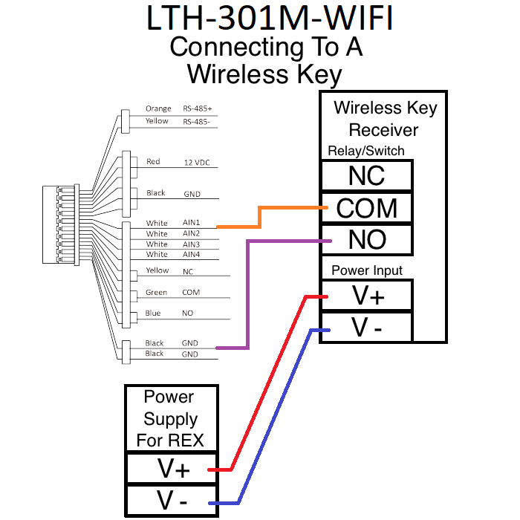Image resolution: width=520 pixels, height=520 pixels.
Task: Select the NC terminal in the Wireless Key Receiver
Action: coord(366,175)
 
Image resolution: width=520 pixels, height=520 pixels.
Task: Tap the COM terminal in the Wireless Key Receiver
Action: coord(366,208)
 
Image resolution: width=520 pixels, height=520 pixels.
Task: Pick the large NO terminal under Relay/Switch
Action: coord(366,239)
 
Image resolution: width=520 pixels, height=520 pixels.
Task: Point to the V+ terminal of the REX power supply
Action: coord(174,469)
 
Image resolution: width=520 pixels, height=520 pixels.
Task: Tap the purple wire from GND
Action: coord(248,297)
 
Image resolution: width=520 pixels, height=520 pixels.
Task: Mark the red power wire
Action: coord(267,386)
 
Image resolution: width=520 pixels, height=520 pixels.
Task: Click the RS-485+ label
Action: coord(197,109)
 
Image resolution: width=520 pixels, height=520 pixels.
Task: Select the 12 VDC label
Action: coord(197,162)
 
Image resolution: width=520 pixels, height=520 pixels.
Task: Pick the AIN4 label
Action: coord(191,255)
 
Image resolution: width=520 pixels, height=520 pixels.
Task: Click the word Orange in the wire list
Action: coord(158,109)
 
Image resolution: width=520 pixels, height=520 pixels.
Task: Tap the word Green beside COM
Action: coord(156,293)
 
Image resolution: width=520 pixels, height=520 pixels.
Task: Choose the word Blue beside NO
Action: coord(153,313)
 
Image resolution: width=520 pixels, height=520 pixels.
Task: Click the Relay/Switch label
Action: coord(365,151)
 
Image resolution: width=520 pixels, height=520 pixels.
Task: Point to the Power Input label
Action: coord(367,270)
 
